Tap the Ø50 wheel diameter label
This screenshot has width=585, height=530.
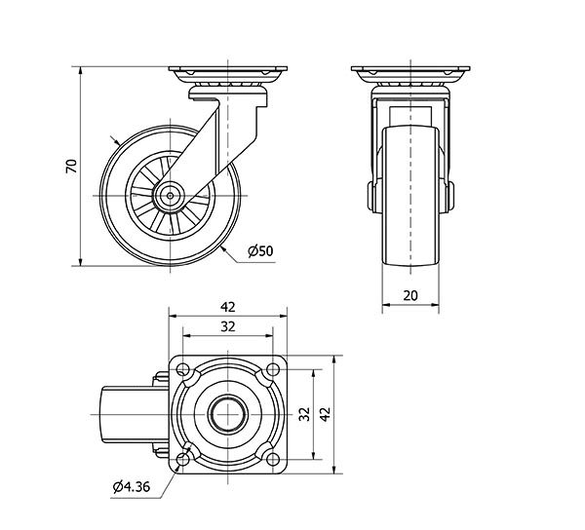[260, 251]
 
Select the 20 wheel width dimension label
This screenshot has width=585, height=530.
[410, 295]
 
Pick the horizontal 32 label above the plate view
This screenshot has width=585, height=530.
[228, 327]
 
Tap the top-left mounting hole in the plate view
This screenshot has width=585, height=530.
[183, 369]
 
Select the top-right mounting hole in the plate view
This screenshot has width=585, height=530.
[272, 369]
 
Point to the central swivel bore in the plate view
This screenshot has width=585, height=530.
[228, 413]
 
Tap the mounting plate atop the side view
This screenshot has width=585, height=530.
[228, 74]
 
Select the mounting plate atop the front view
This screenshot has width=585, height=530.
[410, 74]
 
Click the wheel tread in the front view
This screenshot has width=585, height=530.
[410, 195]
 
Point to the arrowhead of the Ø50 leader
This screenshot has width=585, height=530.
[223, 247]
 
